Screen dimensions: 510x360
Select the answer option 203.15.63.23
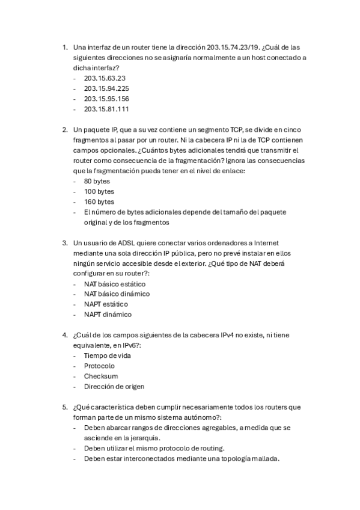click(105, 78)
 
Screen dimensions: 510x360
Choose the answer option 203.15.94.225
click(106, 88)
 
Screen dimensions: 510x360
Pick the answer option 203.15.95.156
click(106, 99)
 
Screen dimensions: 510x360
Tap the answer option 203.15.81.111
click(106, 109)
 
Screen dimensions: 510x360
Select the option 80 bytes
click(97, 181)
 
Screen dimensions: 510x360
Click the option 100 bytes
click(99, 191)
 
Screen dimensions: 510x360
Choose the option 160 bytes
click(99, 201)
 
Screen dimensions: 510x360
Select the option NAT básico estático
click(114, 284)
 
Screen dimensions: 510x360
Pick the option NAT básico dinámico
click(117, 294)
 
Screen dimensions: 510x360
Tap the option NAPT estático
click(106, 304)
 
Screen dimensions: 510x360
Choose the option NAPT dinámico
click(108, 315)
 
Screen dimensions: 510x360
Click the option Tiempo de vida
click(107, 355)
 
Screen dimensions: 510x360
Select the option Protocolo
click(99, 366)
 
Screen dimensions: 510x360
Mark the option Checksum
click(100, 376)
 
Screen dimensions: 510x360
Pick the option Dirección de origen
click(114, 386)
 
